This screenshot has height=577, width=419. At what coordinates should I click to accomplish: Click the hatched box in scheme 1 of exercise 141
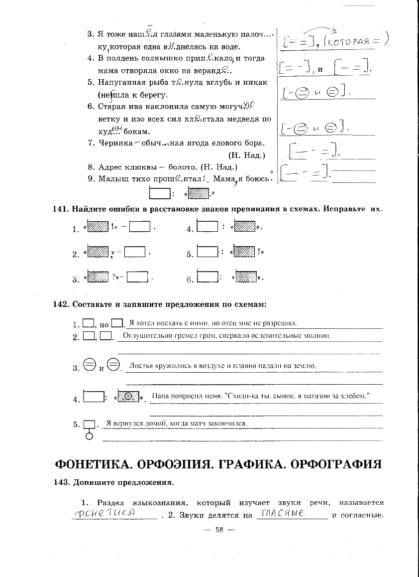(98, 227)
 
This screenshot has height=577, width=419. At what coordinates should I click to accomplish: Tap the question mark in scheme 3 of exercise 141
(114, 276)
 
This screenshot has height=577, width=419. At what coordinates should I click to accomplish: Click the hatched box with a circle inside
(128, 397)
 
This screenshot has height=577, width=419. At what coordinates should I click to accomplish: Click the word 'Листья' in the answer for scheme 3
(140, 366)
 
